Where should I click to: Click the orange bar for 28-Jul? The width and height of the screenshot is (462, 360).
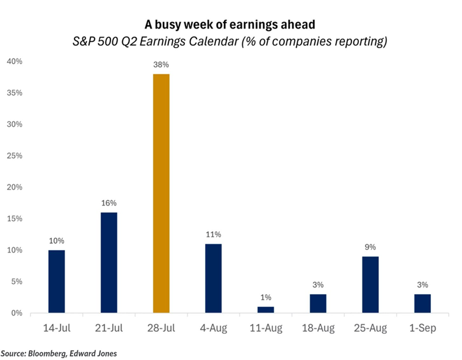pyautogui.click(x=161, y=193)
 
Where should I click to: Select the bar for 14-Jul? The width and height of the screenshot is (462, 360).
pyautogui.click(x=57, y=281)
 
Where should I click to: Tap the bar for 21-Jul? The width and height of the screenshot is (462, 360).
pyautogui.click(x=109, y=262)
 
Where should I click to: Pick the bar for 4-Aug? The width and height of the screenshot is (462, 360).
pyautogui.click(x=214, y=278)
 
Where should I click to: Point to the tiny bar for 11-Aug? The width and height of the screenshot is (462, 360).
pyautogui.click(x=265, y=310)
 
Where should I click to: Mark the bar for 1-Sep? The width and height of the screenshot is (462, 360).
pyautogui.click(x=422, y=303)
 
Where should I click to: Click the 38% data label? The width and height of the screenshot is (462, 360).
pyautogui.click(x=161, y=64)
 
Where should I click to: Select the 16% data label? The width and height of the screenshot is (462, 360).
pyautogui.click(x=109, y=203)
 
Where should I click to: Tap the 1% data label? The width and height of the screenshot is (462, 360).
pyautogui.click(x=266, y=297)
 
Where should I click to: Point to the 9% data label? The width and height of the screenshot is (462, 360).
pyautogui.click(x=370, y=247)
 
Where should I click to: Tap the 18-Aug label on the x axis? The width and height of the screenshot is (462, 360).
pyautogui.click(x=318, y=328)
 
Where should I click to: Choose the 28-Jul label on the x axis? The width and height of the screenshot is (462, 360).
pyautogui.click(x=161, y=328)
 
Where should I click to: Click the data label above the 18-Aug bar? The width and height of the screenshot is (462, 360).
pyautogui.click(x=318, y=284)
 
